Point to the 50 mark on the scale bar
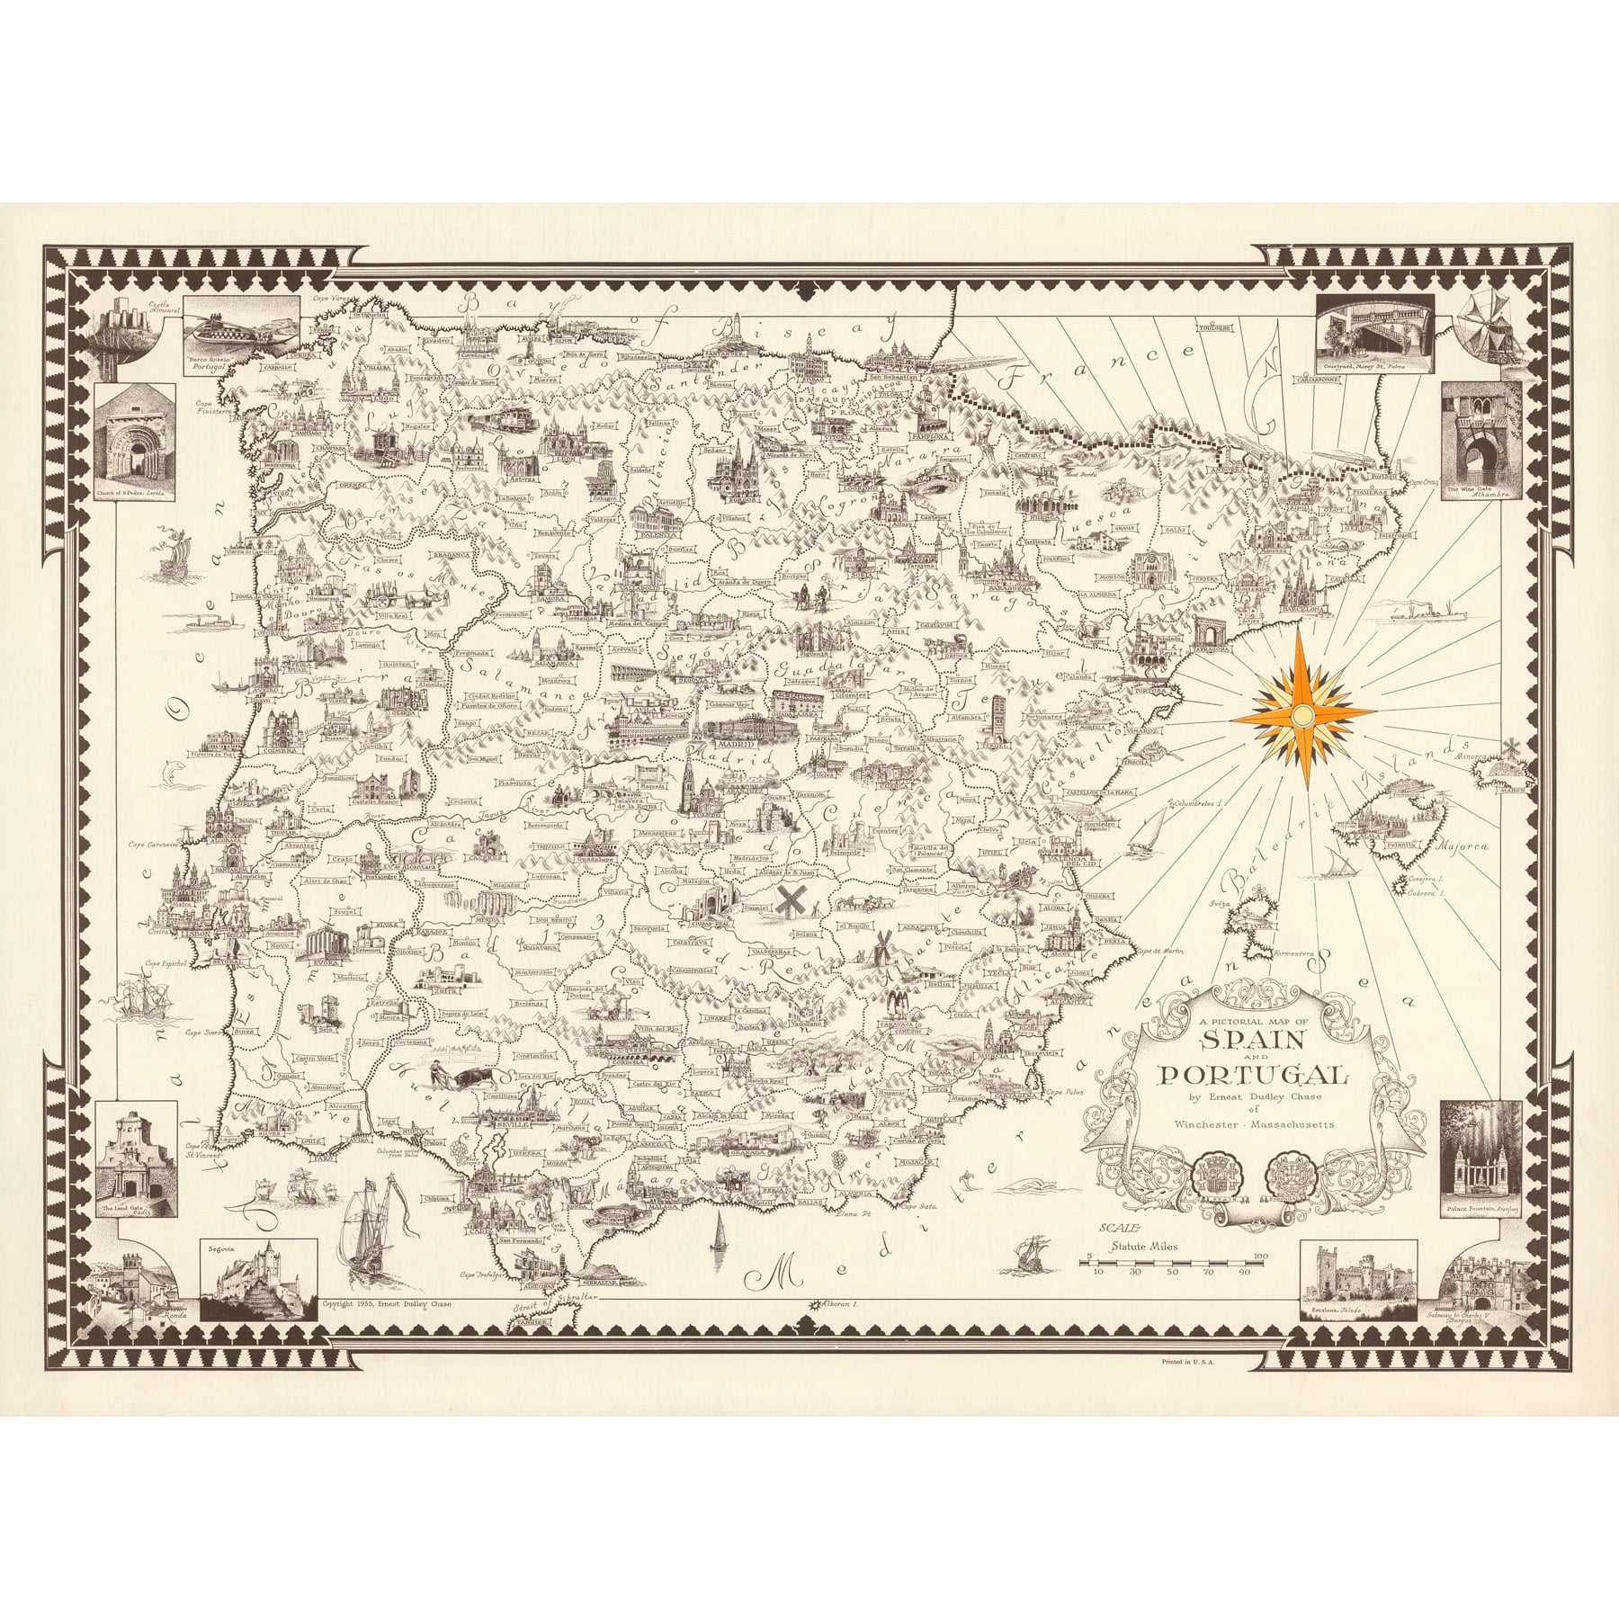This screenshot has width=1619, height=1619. click(x=1171, y=1272)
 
